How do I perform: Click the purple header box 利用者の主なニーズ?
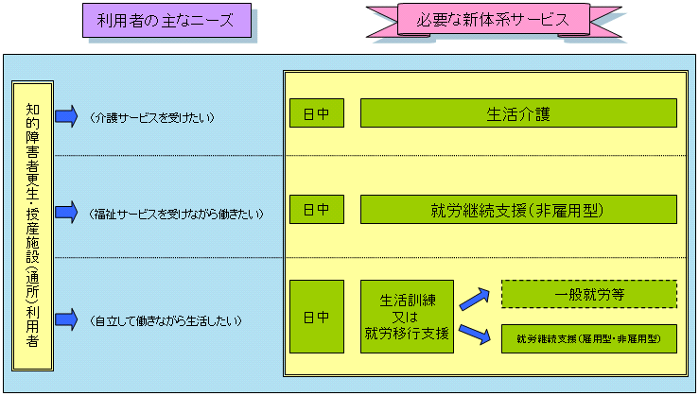(x=166, y=21)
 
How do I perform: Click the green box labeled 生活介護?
(x=517, y=112)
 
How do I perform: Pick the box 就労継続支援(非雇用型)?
(x=517, y=209)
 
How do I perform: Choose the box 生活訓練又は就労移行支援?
(x=407, y=317)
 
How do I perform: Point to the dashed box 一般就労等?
(x=588, y=294)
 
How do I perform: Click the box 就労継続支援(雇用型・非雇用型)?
(x=588, y=338)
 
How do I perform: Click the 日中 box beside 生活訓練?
(x=316, y=317)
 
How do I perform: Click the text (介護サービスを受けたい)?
(x=153, y=117)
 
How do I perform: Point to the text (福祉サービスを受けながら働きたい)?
(x=176, y=214)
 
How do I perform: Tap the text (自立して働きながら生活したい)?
(x=166, y=321)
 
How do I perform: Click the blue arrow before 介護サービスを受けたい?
(x=66, y=116)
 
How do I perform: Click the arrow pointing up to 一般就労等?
(x=476, y=299)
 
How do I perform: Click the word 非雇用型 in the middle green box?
(x=571, y=209)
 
